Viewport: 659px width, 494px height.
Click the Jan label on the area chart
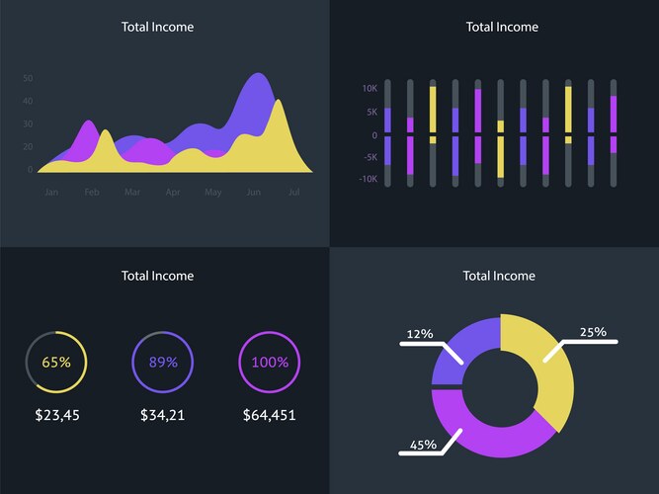click(51, 192)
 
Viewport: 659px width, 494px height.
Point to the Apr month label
click(173, 192)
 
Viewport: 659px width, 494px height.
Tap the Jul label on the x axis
click(293, 192)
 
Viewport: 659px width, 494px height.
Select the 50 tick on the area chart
click(28, 78)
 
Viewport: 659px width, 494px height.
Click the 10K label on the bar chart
click(370, 88)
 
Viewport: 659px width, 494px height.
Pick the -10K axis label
click(368, 179)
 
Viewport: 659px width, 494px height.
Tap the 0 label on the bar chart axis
click(374, 134)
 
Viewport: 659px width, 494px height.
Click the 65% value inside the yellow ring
click(56, 362)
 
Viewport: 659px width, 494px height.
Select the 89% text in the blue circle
click(163, 362)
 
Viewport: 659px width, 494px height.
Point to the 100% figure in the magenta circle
click(270, 362)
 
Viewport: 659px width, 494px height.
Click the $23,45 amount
click(56, 415)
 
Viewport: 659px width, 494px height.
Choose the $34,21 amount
click(163, 415)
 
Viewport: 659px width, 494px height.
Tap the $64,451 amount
click(270, 415)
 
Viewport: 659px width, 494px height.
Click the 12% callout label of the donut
click(420, 334)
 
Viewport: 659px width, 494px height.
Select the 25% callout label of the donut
click(593, 332)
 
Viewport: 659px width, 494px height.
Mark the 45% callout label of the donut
click(423, 445)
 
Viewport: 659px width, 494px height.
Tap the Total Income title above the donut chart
click(499, 276)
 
